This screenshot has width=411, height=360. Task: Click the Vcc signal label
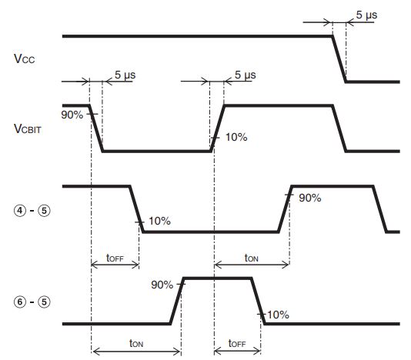point(24,58)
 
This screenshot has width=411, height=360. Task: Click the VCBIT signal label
point(28,129)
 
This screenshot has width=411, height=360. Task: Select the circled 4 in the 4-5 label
point(20,211)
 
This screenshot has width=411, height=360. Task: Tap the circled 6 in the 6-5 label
point(20,302)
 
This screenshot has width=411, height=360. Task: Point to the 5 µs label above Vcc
point(366,15)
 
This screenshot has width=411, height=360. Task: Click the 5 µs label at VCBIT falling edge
point(125,75)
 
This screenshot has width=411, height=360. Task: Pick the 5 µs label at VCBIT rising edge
point(245,75)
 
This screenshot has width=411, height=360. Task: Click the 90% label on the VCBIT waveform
point(72,115)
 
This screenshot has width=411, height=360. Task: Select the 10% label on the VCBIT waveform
point(236,137)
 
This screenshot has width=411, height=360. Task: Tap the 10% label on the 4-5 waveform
point(159,221)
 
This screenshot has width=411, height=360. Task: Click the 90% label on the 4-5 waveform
point(310,198)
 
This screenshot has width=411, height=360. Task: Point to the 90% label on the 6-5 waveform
point(162,285)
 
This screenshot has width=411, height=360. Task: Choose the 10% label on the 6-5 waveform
point(278,315)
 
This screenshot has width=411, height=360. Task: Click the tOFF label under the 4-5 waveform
point(115,258)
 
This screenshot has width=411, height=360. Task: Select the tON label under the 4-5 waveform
point(252,258)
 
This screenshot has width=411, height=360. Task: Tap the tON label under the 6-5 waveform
point(136,343)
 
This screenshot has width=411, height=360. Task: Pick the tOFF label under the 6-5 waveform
point(237,343)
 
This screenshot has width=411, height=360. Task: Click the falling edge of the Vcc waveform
point(339,59)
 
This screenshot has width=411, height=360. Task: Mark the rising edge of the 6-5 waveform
point(177,301)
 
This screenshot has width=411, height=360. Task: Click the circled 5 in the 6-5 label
point(44,302)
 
